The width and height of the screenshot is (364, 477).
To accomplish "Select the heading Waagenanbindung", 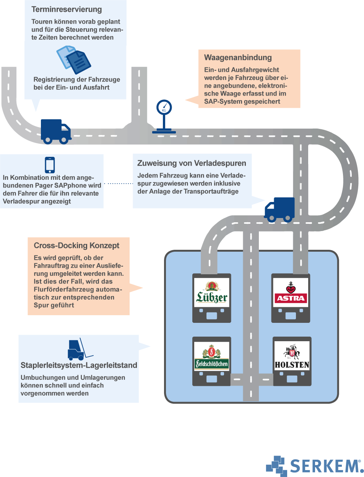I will pyautogui.click(x=238, y=58).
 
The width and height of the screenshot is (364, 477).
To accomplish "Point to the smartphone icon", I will pyautogui.click(x=50, y=165).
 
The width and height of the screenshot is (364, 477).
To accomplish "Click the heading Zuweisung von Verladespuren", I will pyautogui.click(x=192, y=163).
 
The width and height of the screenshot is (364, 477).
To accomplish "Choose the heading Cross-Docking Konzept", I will pyautogui.click(x=76, y=246).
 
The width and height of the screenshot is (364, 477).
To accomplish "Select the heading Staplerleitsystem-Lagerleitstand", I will pyautogui.click(x=79, y=365).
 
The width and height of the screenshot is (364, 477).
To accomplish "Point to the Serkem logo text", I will pyautogui.click(x=325, y=466).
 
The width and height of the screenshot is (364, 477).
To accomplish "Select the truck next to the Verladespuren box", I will pyautogui.click(x=279, y=209).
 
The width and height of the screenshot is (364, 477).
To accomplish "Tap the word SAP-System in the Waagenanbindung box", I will pyautogui.click(x=221, y=101).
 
